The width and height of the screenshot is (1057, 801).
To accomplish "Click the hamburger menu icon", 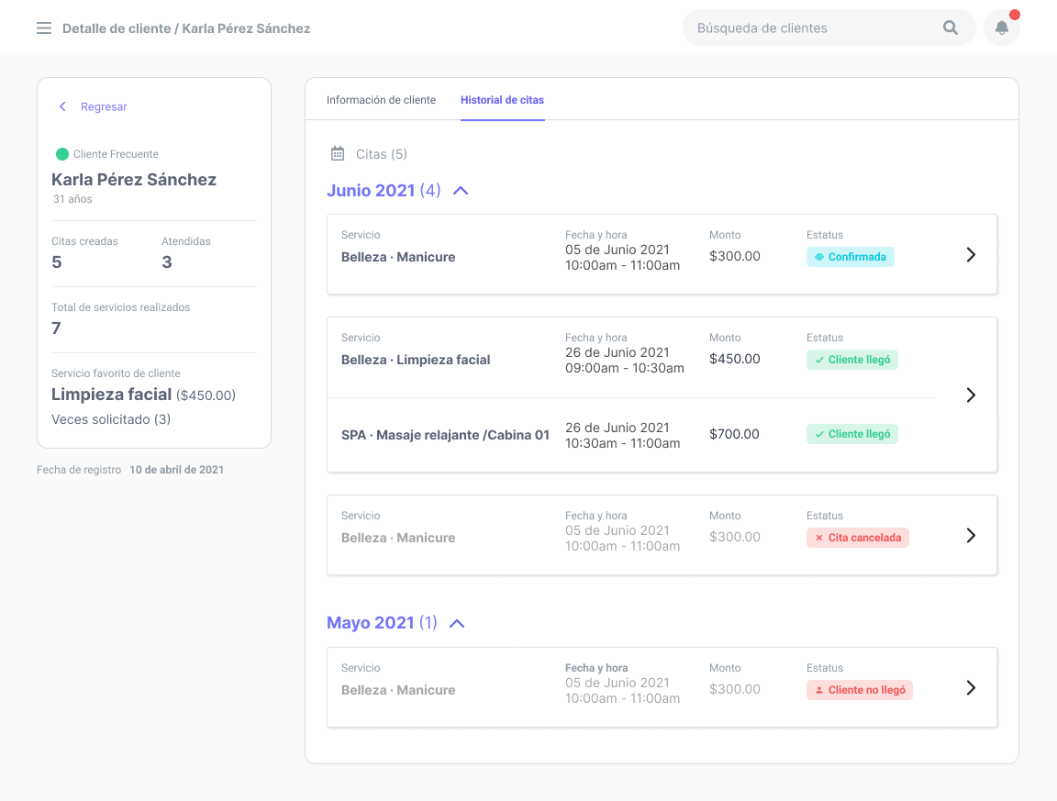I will point(44,28).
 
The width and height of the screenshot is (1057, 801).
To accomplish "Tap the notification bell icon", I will point(1002,28).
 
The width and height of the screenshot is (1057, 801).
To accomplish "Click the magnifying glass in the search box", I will point(951,28).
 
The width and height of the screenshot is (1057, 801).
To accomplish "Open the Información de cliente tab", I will point(381,100).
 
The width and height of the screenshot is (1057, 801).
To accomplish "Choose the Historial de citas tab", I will point(502,100).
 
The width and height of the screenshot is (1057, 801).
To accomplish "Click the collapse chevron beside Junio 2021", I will point(461,191).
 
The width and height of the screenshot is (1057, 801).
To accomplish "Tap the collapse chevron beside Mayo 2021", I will point(457,623).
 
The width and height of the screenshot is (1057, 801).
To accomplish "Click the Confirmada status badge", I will point(851,257).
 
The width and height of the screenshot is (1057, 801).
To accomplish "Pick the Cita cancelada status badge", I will point(858,538).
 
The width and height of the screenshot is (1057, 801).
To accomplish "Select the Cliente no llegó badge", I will point(860,690).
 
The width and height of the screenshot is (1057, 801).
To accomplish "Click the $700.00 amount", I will point(734,434).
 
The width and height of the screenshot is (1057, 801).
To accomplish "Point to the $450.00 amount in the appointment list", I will point(734,359).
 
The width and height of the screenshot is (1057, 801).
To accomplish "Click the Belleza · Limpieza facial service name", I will point(416,360).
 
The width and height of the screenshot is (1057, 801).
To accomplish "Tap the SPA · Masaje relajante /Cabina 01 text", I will point(445,435).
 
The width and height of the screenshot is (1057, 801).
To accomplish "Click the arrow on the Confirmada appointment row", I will point(971,255).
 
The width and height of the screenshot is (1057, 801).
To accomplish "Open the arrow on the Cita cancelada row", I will point(971,536).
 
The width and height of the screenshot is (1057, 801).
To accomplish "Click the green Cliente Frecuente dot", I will point(62,154).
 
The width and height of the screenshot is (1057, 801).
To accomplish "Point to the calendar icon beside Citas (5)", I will point(338,154).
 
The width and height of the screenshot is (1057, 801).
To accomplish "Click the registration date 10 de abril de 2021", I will point(176,470).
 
